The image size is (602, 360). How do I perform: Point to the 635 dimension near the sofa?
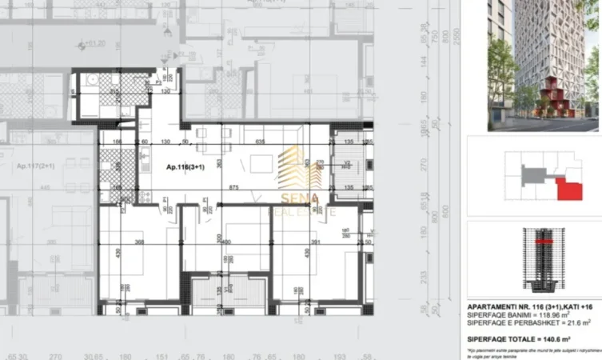(260, 142)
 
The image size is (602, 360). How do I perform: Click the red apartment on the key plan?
(569, 190)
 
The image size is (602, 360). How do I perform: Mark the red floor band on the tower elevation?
(545, 240)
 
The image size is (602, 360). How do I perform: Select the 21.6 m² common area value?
(580, 322)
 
